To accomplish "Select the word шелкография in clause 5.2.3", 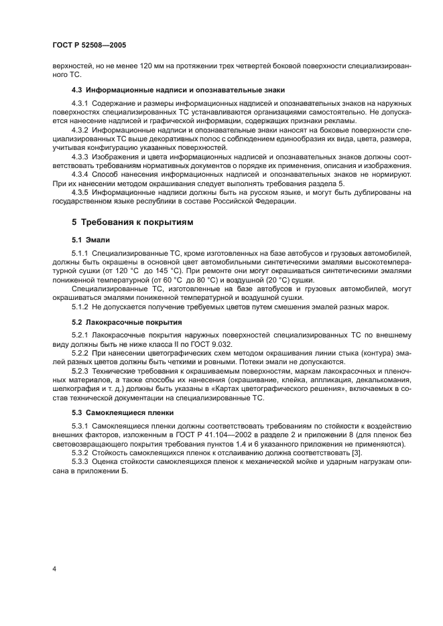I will [x=74, y=390].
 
